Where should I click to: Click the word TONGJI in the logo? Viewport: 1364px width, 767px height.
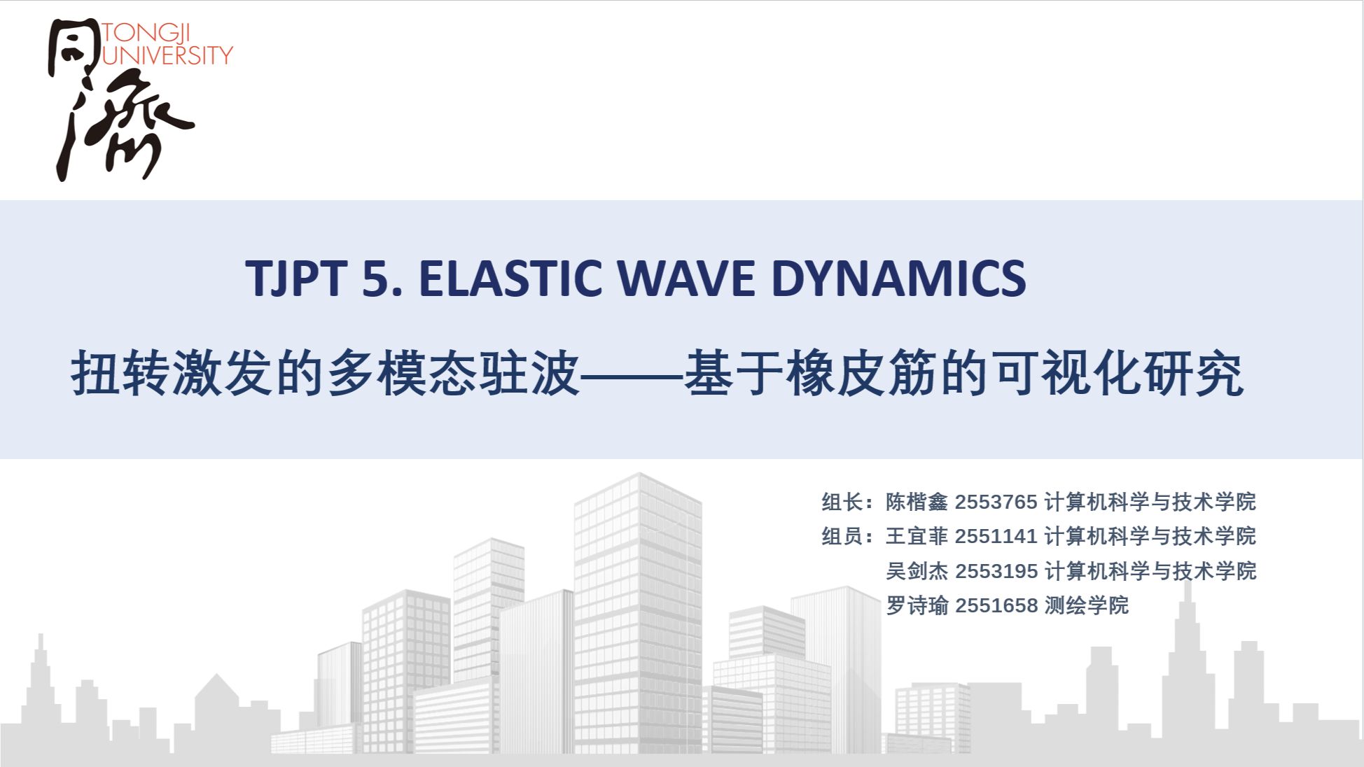pos(146,34)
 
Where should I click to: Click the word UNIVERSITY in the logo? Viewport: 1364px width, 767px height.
pos(167,55)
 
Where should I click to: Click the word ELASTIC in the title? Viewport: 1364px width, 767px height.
pos(510,279)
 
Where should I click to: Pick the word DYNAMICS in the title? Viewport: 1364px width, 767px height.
pos(898,279)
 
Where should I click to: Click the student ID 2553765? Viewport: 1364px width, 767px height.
pos(996,502)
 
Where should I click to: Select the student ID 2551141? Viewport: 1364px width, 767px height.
pos(996,536)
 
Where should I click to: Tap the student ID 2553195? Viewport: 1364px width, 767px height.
pos(996,571)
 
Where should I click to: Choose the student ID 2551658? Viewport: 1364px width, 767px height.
pos(996,605)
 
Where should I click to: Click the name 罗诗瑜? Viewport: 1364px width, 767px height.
pos(917,605)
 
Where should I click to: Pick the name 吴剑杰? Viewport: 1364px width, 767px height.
pos(917,571)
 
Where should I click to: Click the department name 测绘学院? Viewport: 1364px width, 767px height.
pos(1087,605)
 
